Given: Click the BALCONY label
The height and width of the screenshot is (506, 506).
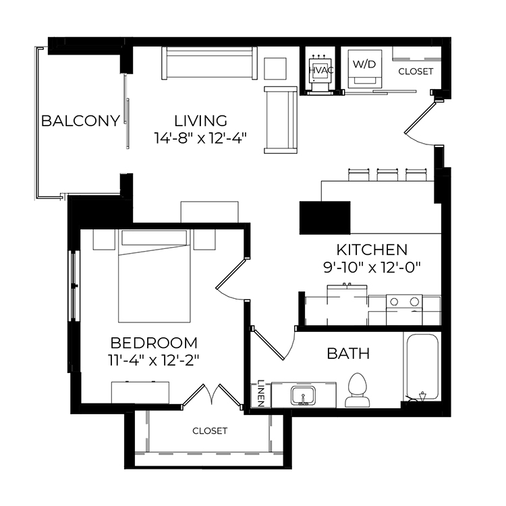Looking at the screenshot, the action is [x=81, y=121].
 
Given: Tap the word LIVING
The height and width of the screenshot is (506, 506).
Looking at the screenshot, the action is [x=201, y=121].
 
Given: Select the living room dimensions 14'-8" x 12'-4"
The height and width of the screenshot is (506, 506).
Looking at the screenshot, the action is [x=201, y=138].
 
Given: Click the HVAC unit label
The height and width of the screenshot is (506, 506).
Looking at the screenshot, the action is [x=321, y=70].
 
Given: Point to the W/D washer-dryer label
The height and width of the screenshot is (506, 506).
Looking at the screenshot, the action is [x=364, y=64].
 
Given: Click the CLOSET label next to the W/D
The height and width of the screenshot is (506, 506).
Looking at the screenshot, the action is [x=416, y=72].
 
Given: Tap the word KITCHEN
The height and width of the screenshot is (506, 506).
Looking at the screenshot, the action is [x=372, y=250].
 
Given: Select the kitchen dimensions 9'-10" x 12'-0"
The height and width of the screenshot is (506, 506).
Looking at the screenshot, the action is [x=372, y=268].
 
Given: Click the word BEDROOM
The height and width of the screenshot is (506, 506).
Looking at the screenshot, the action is [x=154, y=343].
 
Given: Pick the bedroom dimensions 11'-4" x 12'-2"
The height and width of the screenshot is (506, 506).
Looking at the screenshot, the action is [x=154, y=360].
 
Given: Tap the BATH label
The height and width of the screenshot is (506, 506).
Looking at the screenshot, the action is [x=348, y=354].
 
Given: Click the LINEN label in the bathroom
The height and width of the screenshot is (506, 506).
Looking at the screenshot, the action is [x=260, y=393].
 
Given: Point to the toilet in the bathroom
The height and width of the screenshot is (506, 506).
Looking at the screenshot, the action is [x=358, y=390].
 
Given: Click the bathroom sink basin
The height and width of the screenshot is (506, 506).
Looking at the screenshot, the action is [x=303, y=395].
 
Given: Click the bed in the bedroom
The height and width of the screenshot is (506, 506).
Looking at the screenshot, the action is [x=154, y=276].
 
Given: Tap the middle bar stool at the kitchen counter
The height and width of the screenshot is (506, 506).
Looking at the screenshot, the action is [x=387, y=175].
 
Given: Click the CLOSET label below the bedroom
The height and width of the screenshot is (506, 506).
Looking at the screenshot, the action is [x=210, y=431].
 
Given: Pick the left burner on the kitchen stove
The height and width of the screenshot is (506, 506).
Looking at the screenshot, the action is [x=394, y=302].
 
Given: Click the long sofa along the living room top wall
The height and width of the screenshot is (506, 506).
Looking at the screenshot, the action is [x=209, y=63].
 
